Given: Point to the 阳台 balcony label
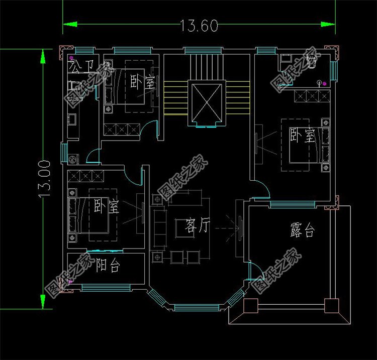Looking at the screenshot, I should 108,266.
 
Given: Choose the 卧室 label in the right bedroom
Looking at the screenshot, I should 302,135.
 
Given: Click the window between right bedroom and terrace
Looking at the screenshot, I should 292,204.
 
